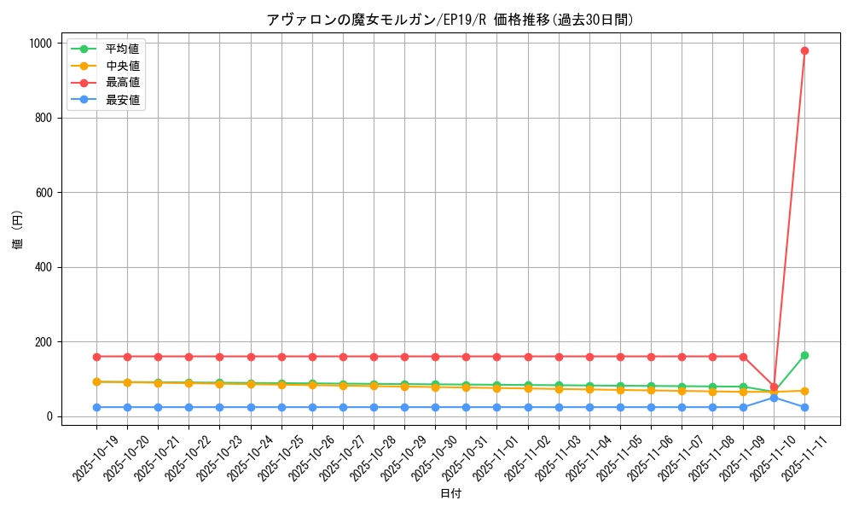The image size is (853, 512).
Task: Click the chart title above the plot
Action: (450, 20)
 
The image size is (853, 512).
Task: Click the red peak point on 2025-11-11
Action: (804, 50)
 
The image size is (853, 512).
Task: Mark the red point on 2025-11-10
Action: (774, 387)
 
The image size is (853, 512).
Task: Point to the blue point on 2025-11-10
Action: (774, 398)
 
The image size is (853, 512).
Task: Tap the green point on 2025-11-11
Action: (804, 355)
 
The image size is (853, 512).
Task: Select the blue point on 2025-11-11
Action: (804, 407)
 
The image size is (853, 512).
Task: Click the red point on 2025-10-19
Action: (96, 357)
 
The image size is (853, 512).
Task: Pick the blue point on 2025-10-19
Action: (96, 407)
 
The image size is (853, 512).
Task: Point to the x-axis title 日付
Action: (450, 494)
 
